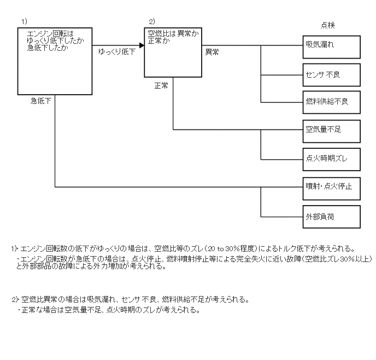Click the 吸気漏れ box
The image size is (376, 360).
[x=332, y=47]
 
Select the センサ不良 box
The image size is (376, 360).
[x=332, y=74]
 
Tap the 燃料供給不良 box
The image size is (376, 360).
[x=332, y=102]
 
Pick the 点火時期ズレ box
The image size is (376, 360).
[x=332, y=159]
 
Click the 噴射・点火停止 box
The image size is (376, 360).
[x=332, y=187]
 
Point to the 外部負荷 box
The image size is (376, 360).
[x=332, y=217]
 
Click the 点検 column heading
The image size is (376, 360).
[x=327, y=25]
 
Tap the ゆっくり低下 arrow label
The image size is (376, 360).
[x=116, y=52]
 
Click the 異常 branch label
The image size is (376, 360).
[x=212, y=52]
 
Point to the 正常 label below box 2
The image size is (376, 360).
[x=161, y=86]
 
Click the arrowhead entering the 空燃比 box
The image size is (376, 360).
[x=141, y=45]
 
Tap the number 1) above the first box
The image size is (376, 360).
[x=24, y=21]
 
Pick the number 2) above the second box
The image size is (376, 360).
[x=152, y=21]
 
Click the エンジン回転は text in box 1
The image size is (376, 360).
[x=50, y=34]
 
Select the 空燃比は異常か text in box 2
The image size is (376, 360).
[x=173, y=33]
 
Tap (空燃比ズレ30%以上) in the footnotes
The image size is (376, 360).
[x=337, y=259]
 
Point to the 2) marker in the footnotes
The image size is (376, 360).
[x=15, y=300]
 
